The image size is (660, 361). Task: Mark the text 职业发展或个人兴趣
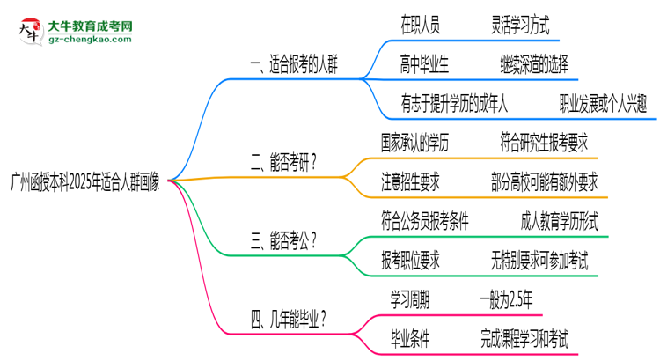(604, 104)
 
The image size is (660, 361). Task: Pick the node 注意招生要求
(411, 181)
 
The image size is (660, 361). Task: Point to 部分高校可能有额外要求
(545, 181)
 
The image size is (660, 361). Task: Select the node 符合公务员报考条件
(426, 220)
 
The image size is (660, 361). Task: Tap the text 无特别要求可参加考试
(539, 259)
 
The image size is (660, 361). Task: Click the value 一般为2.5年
(506, 298)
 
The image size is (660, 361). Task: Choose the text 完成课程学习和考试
(524, 337)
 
